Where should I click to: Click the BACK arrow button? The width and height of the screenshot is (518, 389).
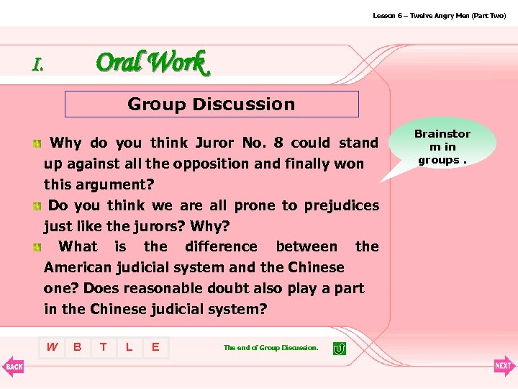13,366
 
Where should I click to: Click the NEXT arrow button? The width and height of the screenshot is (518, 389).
504,366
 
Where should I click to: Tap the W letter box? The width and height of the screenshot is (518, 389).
52,347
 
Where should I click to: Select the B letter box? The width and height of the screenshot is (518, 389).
78,347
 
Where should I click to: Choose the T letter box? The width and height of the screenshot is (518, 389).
104,347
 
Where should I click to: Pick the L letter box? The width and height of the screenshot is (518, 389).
129,347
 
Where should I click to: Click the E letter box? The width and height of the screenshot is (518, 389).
155,347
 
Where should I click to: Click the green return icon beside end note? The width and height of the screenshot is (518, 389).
339,348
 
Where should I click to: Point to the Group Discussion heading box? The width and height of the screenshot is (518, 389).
212,104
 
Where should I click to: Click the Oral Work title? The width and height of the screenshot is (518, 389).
151,63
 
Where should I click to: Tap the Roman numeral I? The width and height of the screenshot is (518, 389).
37,65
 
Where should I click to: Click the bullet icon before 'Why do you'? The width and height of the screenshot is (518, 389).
36,144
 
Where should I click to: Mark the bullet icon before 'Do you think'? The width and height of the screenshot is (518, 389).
36,207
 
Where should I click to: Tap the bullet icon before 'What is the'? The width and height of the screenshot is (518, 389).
36,248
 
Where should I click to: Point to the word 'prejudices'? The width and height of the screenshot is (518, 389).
342,205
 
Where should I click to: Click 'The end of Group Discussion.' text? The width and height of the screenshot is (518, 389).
271,348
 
